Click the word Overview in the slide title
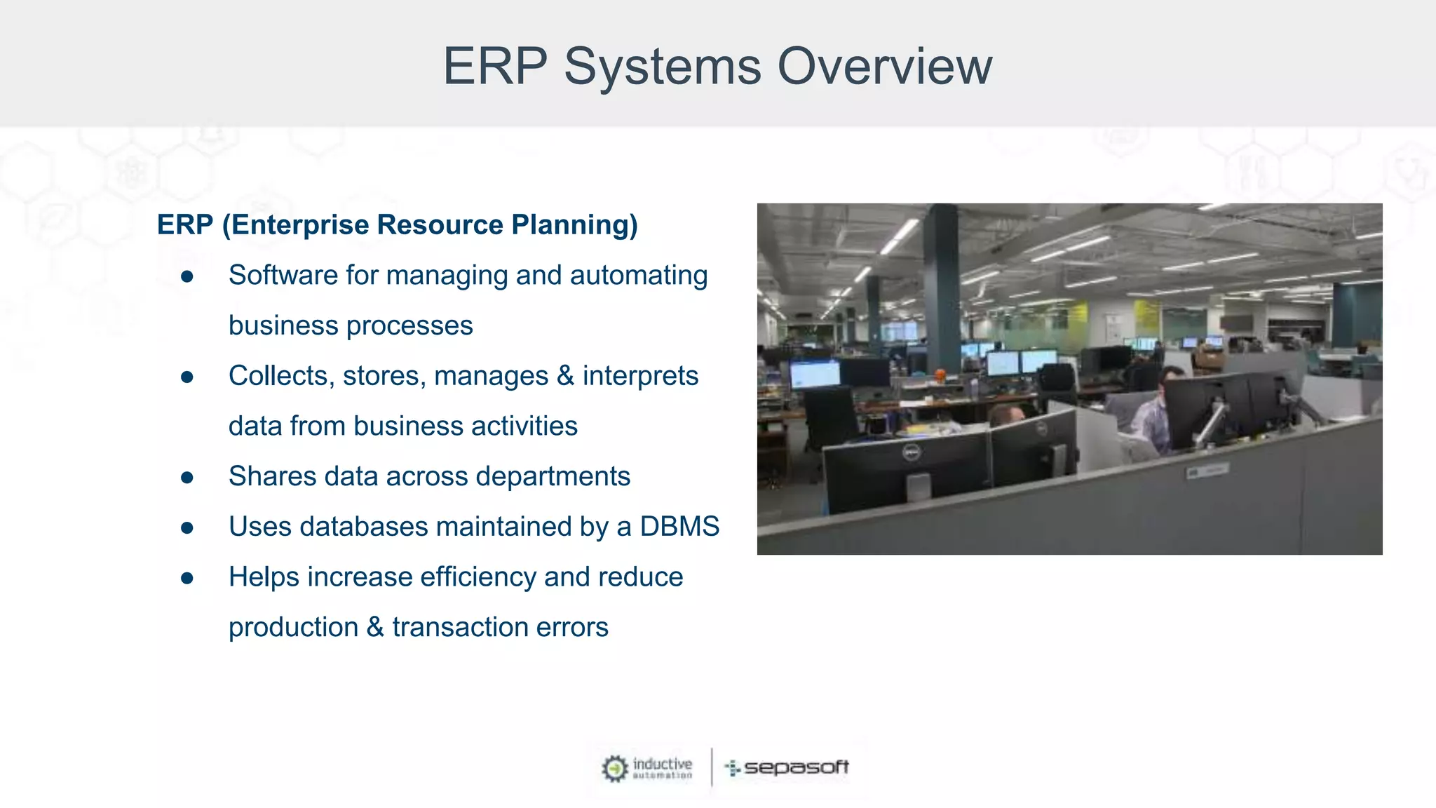[x=885, y=67]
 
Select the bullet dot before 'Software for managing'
[x=187, y=277]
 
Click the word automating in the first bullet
[x=638, y=276]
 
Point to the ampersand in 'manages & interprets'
[x=565, y=376]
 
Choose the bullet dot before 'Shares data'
[x=187, y=478]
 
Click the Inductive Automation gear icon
[x=615, y=769]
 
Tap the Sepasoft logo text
[x=796, y=767]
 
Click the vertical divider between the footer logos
[x=712, y=767]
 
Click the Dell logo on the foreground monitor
[x=910, y=454]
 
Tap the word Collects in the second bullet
[x=278, y=376]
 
